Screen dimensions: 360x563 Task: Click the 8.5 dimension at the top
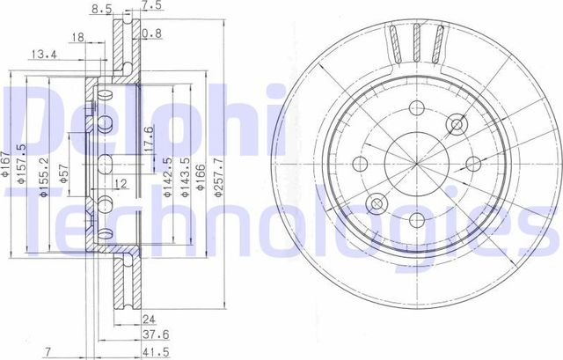coord(102,10)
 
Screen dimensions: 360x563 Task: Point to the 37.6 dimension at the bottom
coord(157,335)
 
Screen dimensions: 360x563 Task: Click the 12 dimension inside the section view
coord(122,182)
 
